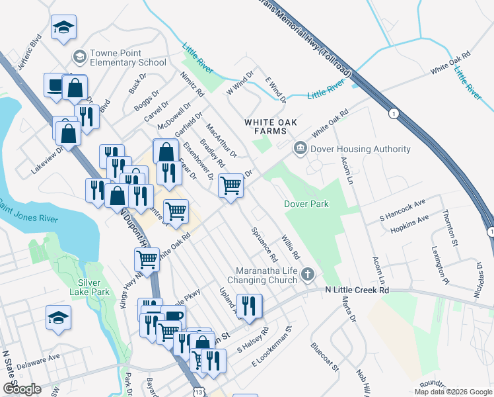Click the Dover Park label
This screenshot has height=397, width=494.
point(306,204)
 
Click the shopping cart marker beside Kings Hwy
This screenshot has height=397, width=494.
point(147,259)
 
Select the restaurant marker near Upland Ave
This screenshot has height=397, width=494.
point(249,305)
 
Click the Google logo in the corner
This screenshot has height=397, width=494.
point(22,389)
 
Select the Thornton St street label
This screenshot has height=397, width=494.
point(450,228)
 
